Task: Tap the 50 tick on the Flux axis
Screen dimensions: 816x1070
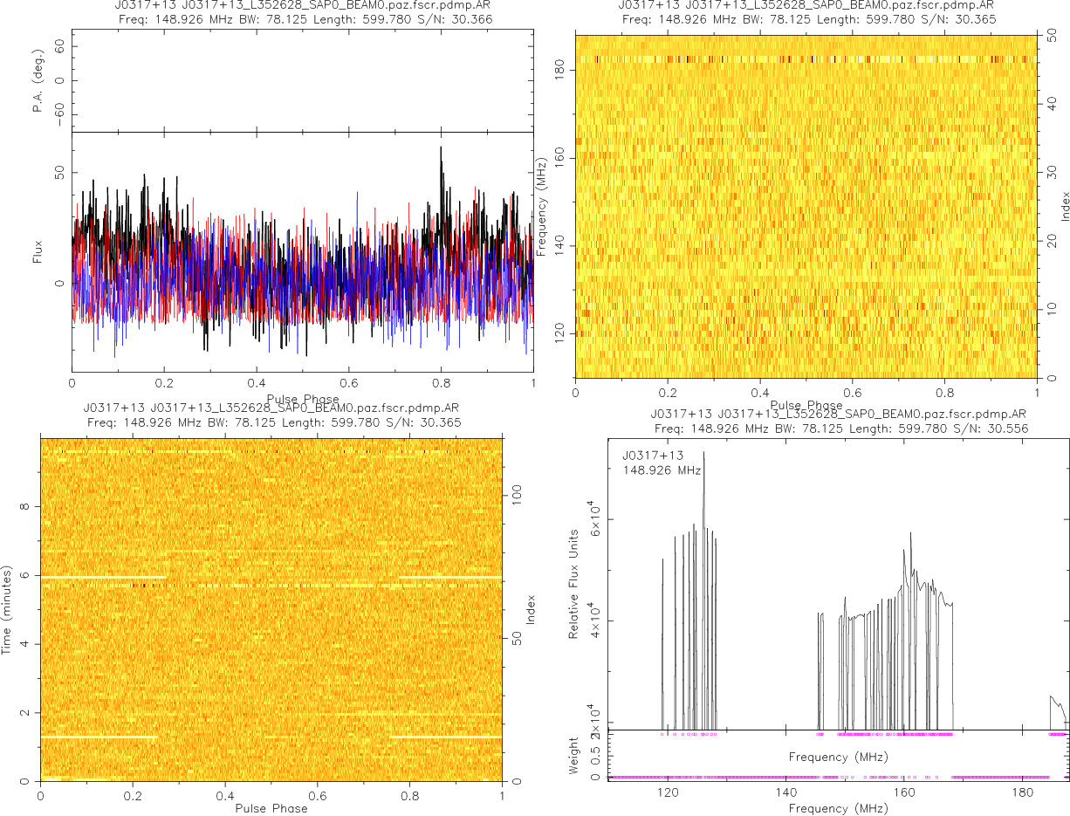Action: coord(58,175)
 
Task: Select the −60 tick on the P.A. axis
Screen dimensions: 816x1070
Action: coord(58,114)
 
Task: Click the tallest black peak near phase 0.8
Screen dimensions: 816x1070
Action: coord(441,147)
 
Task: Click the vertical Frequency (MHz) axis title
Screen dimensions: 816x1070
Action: coord(542,206)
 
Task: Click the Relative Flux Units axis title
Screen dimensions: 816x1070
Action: coord(574,583)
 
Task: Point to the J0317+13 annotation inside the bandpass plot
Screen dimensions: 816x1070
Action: coord(653,456)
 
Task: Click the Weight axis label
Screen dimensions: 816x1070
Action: coord(574,753)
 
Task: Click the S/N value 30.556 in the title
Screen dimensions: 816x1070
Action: coord(1005,429)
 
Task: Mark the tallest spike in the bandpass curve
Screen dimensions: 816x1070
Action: coord(703,452)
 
